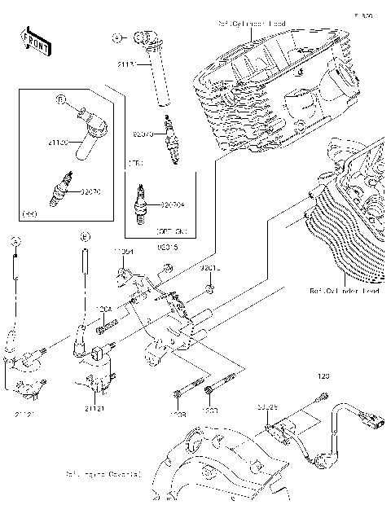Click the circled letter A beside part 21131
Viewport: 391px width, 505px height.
coord(117,37)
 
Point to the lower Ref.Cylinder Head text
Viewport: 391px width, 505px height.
coord(344,290)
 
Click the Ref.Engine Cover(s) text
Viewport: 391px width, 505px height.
coord(103,472)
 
